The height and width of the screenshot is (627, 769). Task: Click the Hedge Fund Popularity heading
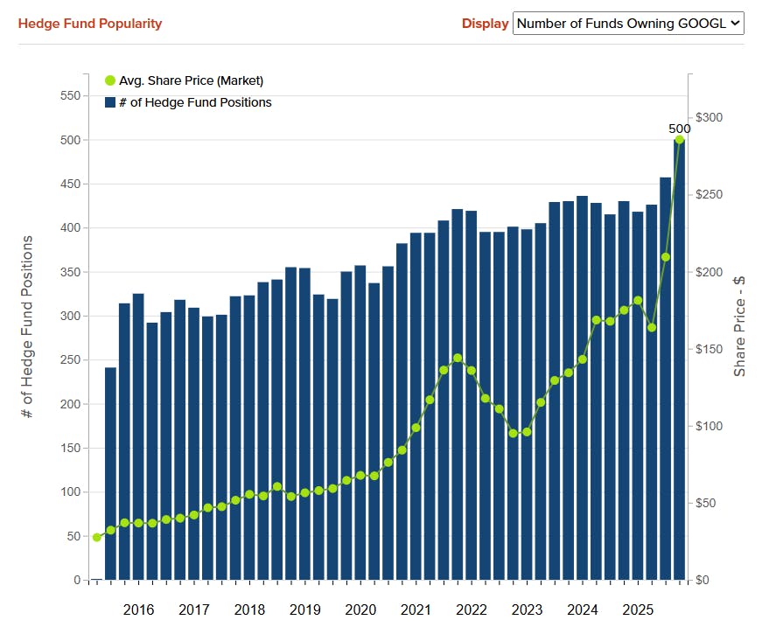(x=90, y=24)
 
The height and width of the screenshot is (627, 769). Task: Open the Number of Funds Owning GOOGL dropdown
(x=628, y=24)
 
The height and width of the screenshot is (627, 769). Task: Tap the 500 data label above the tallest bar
(x=679, y=129)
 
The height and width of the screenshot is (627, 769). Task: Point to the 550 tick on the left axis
(x=70, y=96)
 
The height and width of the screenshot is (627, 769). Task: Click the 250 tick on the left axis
(x=70, y=360)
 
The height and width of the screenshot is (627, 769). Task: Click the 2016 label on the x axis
(x=139, y=610)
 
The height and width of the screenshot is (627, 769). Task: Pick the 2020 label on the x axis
(x=360, y=610)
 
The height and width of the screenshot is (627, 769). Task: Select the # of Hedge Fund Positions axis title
(x=27, y=326)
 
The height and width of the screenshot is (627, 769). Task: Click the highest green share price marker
(x=679, y=140)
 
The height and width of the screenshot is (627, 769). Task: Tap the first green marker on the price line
(x=97, y=537)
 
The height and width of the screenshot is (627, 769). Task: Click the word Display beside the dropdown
(x=485, y=24)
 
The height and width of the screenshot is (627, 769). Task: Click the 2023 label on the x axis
(x=527, y=610)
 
